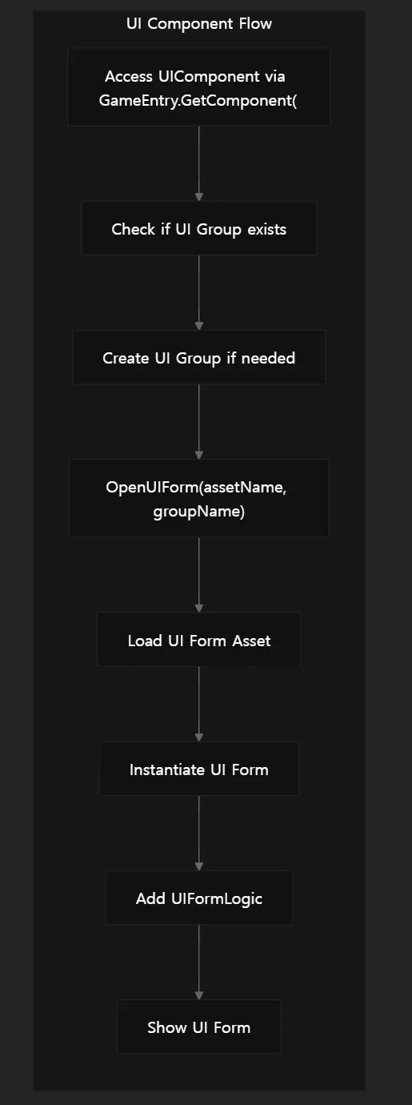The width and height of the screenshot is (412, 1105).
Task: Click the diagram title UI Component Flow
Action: [x=198, y=24]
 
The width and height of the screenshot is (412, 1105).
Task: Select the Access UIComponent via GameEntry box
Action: [x=198, y=86]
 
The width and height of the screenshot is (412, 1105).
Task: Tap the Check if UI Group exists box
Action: [x=198, y=229]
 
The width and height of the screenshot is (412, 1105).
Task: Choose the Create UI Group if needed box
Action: [x=198, y=358]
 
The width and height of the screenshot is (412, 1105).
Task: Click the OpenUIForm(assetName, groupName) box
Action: [x=198, y=498]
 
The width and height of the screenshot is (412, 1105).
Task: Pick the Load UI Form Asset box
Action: [x=198, y=641]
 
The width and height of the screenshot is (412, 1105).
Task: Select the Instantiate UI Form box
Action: [x=198, y=769]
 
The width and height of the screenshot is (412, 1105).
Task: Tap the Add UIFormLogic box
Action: [x=198, y=898]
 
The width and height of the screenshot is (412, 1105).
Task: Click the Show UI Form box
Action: [x=198, y=1027]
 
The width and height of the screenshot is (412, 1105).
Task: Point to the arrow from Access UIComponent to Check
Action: [x=198, y=163]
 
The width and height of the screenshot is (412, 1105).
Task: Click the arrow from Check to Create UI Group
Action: [x=198, y=292]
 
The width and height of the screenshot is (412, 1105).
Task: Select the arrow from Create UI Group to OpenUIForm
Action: [x=198, y=422]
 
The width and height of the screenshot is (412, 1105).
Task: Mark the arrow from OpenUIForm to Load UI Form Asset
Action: [x=198, y=575]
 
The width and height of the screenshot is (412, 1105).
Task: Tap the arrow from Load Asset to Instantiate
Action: [x=198, y=704]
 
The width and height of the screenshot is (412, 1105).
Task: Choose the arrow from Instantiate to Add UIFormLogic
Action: [x=198, y=834]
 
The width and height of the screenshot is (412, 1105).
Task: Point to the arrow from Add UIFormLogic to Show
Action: [x=198, y=962]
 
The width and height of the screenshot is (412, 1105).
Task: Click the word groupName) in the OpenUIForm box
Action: [x=198, y=512]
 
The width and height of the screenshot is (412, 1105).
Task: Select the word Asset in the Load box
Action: [x=251, y=641]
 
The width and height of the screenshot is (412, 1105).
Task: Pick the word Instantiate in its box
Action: [x=167, y=769]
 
